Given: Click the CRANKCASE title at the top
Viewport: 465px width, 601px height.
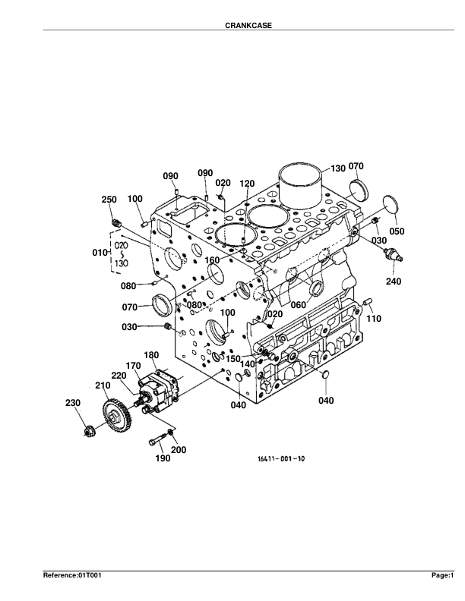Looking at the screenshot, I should coord(248,25).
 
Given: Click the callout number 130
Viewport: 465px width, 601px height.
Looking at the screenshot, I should coord(337,168).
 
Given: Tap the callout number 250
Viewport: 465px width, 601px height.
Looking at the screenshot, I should coord(109,200).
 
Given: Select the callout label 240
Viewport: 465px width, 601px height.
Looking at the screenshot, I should coord(393,281).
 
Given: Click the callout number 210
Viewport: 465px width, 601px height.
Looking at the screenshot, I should coord(103,386).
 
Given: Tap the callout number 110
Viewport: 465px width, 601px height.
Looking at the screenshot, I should coord(374,319).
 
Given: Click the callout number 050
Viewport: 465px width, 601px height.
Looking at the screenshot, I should coord(397,231).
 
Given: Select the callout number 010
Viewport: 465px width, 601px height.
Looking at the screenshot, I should coord(100,251).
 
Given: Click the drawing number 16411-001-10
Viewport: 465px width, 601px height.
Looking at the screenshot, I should coord(280,458).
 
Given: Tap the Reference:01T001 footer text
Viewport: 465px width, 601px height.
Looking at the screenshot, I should coord(72,576).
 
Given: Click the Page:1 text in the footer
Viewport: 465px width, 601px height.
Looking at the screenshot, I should coord(442,576).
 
